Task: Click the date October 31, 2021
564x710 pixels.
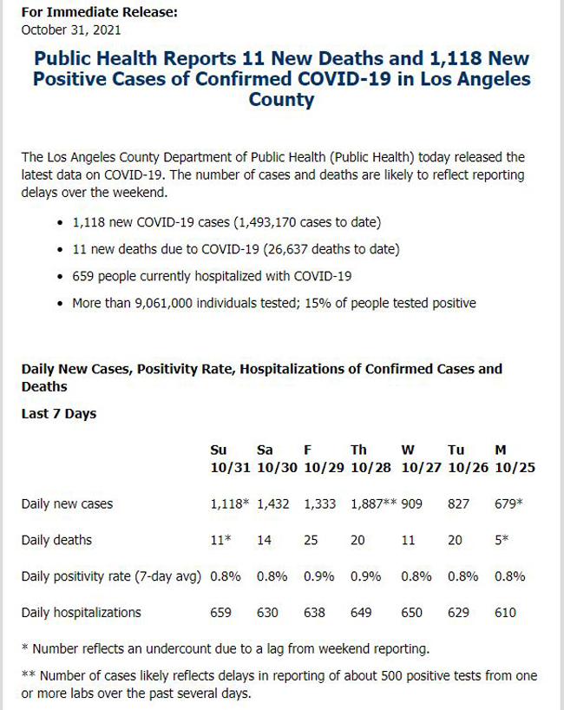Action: [71, 30]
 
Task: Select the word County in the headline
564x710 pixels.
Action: [281, 100]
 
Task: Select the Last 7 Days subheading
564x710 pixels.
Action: [59, 414]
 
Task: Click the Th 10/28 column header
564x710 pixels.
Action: [371, 458]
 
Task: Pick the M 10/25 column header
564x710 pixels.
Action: [515, 458]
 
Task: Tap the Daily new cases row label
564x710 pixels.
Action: [67, 504]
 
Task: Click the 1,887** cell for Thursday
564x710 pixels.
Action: [374, 503]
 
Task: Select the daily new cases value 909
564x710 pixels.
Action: [412, 504]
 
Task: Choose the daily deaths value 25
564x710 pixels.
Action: [311, 540]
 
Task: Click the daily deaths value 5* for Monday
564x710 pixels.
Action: [502, 540]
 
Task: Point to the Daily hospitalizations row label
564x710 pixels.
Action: [82, 613]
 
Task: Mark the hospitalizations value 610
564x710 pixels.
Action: [506, 613]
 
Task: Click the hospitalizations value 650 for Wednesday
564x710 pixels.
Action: [412, 613]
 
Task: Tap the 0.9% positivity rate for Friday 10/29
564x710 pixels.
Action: [319, 576]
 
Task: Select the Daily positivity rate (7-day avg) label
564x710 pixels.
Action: [111, 576]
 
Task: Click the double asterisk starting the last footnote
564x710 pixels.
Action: [28, 674]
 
